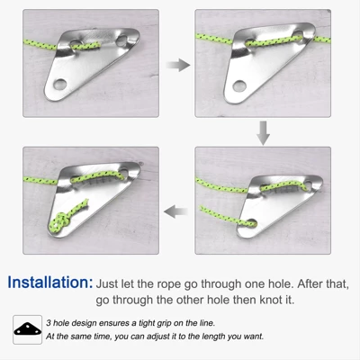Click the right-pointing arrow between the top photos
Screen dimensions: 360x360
(178, 65)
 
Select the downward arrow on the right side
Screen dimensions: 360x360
(263, 133)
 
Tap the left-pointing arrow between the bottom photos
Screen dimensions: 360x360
(176, 211)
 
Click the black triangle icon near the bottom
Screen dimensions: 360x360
(28, 328)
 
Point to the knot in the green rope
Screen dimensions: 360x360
(60, 221)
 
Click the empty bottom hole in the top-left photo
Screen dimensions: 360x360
(60, 85)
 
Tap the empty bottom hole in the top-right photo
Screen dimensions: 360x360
(239, 86)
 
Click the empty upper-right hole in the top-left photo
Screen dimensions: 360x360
(122, 40)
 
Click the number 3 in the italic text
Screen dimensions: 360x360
(49, 323)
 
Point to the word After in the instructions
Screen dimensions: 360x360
(310, 283)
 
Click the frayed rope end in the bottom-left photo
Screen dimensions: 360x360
(85, 202)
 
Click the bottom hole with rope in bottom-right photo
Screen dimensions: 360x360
(250, 223)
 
